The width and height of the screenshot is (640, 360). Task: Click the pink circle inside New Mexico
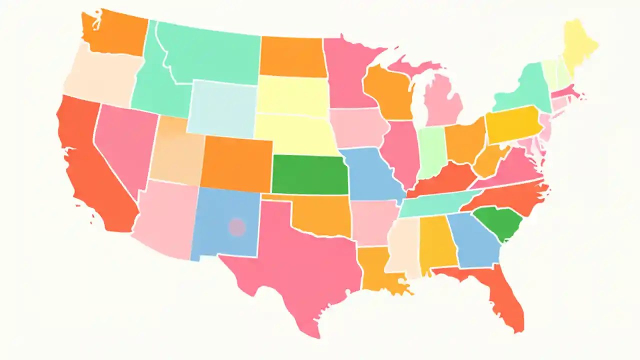(x=237, y=227)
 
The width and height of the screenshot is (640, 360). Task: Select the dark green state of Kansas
(x=309, y=174)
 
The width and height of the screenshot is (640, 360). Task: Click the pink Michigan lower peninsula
(x=443, y=100)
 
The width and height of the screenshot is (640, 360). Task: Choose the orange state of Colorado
(x=236, y=162)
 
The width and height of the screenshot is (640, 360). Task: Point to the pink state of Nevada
(x=125, y=140)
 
